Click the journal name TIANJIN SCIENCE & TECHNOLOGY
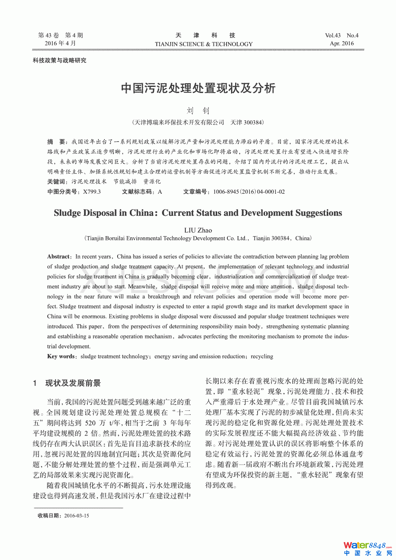[x=204, y=44]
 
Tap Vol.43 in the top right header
[x=333, y=35]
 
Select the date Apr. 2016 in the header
[x=342, y=44]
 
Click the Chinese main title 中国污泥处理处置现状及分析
[x=198, y=88]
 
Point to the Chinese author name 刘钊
[x=198, y=111]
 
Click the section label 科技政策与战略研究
[x=60, y=60]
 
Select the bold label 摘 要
[x=56, y=142]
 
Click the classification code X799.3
[x=92, y=192]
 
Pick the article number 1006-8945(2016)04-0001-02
[x=249, y=192]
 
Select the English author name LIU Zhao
[x=198, y=230]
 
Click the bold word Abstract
[x=58, y=257]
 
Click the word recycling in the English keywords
[x=262, y=356]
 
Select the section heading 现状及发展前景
[x=73, y=383]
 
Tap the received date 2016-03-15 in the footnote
[x=76, y=516]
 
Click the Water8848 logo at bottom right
[x=367, y=548]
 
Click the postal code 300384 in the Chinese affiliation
[x=253, y=122]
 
